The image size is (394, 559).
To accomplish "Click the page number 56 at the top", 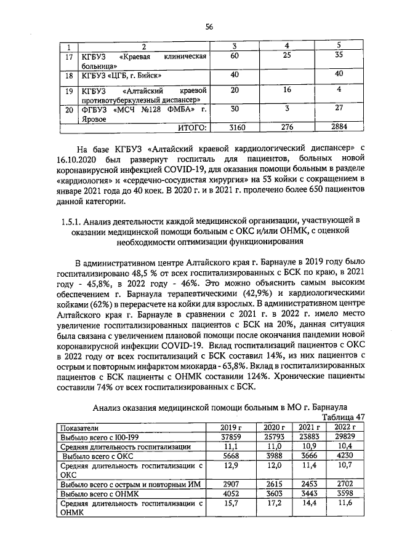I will point(209,26).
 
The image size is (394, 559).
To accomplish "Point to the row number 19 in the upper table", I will point(70,91).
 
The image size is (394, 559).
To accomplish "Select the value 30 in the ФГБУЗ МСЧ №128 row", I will point(235,109).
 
